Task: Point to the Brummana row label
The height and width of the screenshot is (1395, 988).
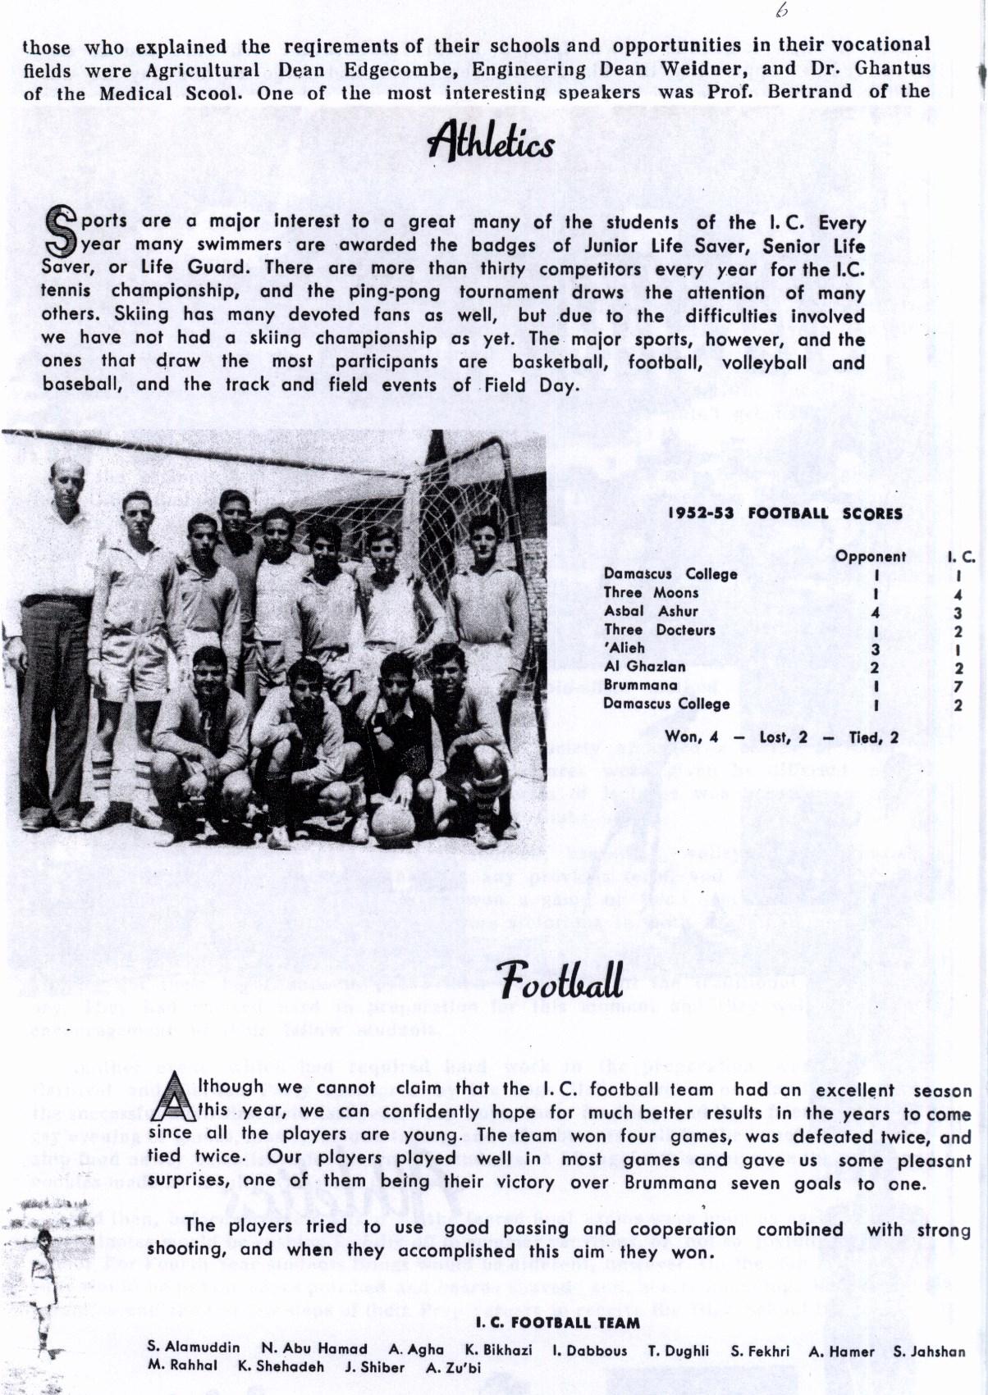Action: pos(640,685)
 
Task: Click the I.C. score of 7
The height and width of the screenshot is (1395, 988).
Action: pos(958,686)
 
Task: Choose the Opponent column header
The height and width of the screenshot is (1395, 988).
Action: pos(871,556)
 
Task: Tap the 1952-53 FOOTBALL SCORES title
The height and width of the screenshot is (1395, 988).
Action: pos(784,513)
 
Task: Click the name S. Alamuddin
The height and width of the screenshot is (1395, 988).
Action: pos(194,1348)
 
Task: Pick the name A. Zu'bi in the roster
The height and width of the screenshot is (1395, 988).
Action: pos(453,1367)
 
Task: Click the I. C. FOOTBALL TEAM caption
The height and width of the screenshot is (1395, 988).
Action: pos(557,1322)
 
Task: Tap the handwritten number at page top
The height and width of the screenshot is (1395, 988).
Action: pos(780,11)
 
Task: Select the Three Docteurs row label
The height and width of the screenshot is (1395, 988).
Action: pos(659,630)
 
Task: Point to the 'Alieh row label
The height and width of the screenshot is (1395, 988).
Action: pos(624,648)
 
